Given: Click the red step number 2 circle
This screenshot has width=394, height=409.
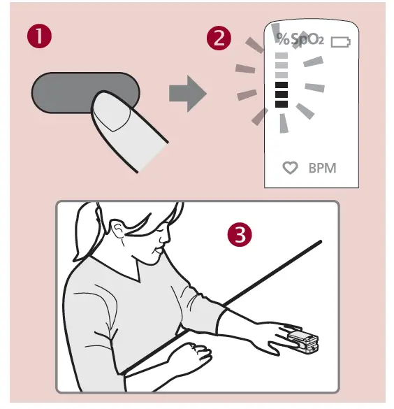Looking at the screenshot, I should [x=219, y=37].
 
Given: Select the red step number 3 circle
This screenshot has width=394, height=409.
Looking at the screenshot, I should [x=240, y=236].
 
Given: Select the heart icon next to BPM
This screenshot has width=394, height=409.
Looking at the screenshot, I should [x=290, y=168].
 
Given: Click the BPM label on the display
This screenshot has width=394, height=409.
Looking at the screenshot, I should [x=322, y=168].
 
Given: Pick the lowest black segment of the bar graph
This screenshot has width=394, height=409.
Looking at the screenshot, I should [x=282, y=103].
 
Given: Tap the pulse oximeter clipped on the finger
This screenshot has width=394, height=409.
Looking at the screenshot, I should [x=302, y=341].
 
